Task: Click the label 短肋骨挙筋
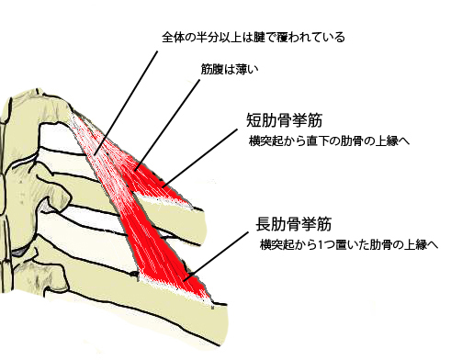(284, 120)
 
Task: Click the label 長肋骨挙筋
(294, 224)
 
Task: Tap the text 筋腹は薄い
(230, 69)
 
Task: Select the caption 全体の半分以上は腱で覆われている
(254, 38)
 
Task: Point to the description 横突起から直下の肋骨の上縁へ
(329, 141)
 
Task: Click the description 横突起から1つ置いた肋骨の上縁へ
(349, 244)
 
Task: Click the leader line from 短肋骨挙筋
(200, 158)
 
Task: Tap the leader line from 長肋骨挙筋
(216, 256)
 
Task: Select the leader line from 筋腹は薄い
(167, 125)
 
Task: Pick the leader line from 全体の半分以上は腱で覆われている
(126, 103)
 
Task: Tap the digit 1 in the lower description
(321, 245)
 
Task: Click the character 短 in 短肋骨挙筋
(254, 120)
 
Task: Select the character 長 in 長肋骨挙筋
(264, 224)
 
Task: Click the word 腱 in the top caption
(265, 38)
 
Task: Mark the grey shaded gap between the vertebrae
(21, 252)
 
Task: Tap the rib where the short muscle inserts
(172, 214)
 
